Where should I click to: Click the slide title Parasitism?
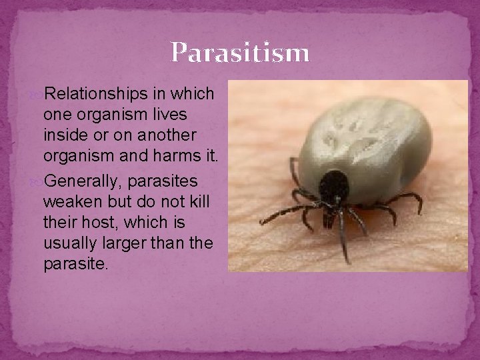coord(240,53)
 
